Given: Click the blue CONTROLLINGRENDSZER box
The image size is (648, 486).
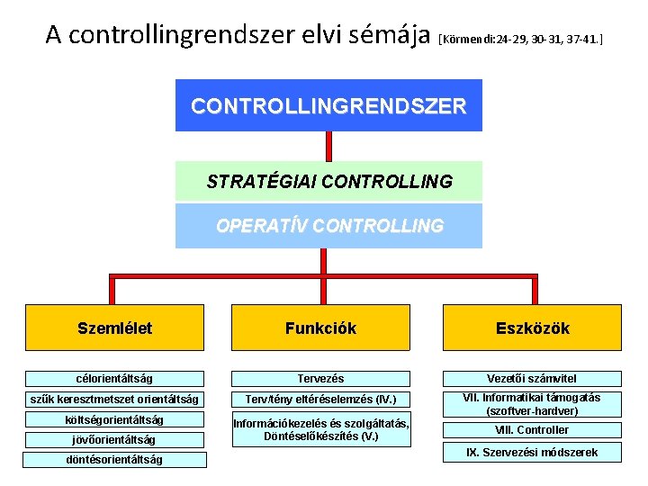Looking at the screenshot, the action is pos(328,105).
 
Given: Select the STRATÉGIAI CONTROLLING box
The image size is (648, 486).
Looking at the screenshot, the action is pos(328,181).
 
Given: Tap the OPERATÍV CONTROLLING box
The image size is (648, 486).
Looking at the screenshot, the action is pos(328,226).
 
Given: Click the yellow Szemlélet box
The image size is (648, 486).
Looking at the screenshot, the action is pos(114,328).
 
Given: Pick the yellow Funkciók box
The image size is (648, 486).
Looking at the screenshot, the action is pos(320,328).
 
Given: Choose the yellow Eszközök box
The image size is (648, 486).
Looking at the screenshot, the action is pos(532,328).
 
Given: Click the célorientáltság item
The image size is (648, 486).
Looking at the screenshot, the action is pos(114,379).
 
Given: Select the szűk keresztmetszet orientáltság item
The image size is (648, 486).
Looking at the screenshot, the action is pos(114,400).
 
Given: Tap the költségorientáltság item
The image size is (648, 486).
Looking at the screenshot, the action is pos(114,419).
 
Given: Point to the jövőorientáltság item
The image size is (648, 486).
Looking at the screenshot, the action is pos(114,439).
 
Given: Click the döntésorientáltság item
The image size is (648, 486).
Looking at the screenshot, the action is pos(114,459).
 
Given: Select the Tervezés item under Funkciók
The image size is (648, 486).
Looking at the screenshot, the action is pos(320,379).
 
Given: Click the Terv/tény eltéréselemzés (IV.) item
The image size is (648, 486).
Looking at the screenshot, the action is pos(320,400).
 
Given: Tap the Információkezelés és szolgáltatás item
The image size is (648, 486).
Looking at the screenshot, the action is pos(320,429).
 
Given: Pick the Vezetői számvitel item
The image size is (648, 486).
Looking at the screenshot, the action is pos(532,379).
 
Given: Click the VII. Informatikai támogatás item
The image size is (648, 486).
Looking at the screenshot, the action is pos(532,403).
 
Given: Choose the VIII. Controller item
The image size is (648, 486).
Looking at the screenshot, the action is pos(532,429).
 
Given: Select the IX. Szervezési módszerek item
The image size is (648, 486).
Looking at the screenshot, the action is pos(532,452).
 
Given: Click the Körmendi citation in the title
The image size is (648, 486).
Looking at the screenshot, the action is pos(520,40).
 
